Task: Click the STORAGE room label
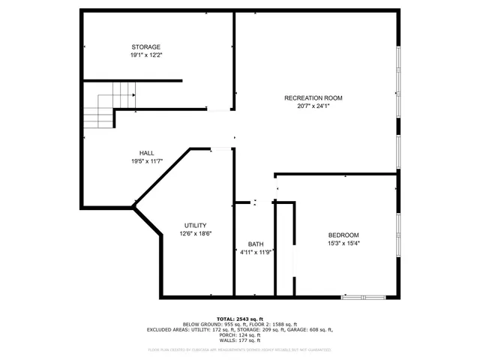tap(146, 47)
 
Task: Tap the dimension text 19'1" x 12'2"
tap(146, 55)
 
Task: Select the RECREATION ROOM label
tap(313, 98)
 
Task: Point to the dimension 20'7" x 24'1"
tap(313, 106)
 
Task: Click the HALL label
tap(146, 153)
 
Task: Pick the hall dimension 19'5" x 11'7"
tap(146, 160)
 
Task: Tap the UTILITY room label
tap(196, 226)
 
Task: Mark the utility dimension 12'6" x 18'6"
tap(196, 234)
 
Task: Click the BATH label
tap(256, 244)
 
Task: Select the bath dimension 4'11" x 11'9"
tap(256, 253)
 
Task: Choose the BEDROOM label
tap(343, 235)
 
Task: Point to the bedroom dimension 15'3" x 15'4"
tap(343, 243)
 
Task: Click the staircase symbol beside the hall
tap(108, 105)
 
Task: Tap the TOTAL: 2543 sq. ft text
tap(240, 319)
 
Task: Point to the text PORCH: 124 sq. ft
tap(240, 334)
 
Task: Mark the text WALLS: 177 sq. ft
tap(240, 340)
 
